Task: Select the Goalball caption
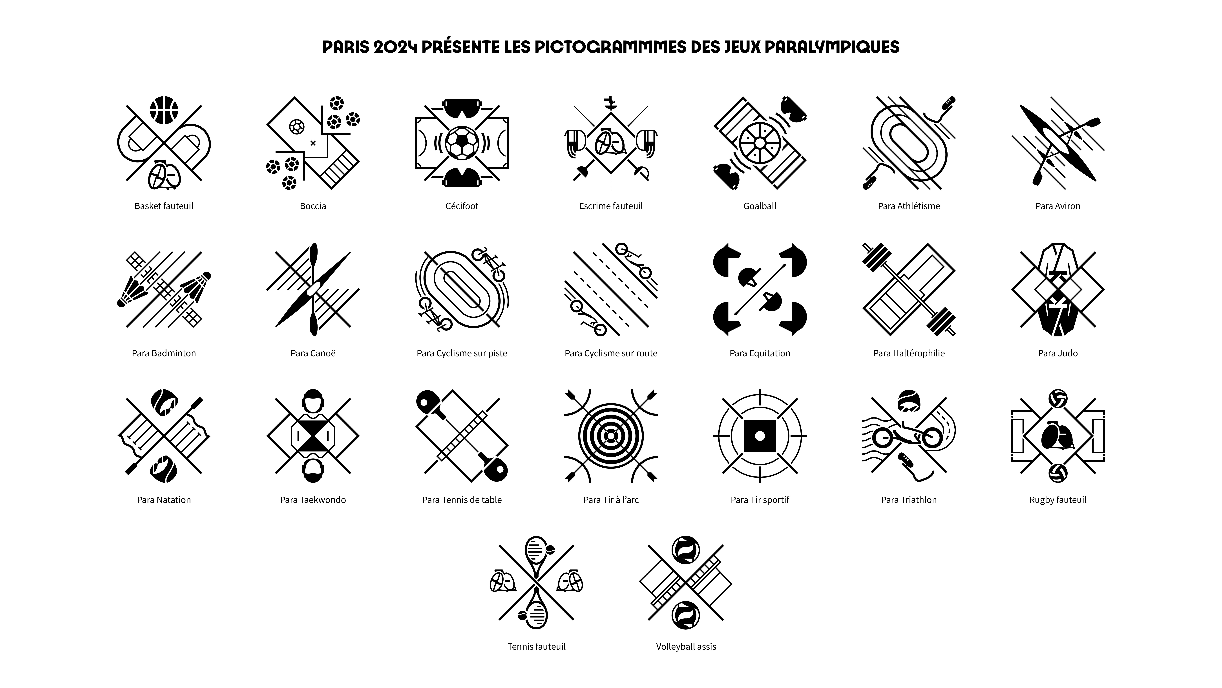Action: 760,206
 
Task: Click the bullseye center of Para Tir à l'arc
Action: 611,435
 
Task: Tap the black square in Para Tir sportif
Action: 760,435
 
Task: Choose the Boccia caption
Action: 313,206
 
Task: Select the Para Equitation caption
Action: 760,353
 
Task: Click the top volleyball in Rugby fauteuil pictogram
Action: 1058,398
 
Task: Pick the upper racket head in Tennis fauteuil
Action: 536,552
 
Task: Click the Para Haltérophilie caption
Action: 909,353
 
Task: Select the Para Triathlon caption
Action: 909,500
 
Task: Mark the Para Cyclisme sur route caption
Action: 611,353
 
